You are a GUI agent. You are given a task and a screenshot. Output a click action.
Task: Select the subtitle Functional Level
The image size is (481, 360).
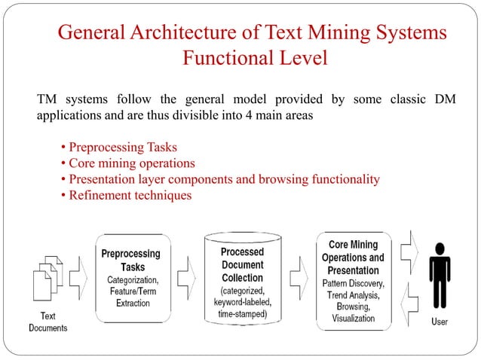[255, 58]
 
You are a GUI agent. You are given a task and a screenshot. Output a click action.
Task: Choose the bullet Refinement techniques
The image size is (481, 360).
[129, 195]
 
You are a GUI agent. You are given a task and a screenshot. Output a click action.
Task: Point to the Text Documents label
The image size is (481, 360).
[47, 322]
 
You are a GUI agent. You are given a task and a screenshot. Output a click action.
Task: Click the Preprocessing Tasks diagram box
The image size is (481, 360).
[133, 279]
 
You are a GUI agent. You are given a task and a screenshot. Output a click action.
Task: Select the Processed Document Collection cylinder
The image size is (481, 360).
[241, 279]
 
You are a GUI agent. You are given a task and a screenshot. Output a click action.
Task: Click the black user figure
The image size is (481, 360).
[440, 279]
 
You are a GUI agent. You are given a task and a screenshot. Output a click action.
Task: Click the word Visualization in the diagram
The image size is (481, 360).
[353, 318]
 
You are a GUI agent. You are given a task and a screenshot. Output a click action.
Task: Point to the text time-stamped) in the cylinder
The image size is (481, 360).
[242, 313]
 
